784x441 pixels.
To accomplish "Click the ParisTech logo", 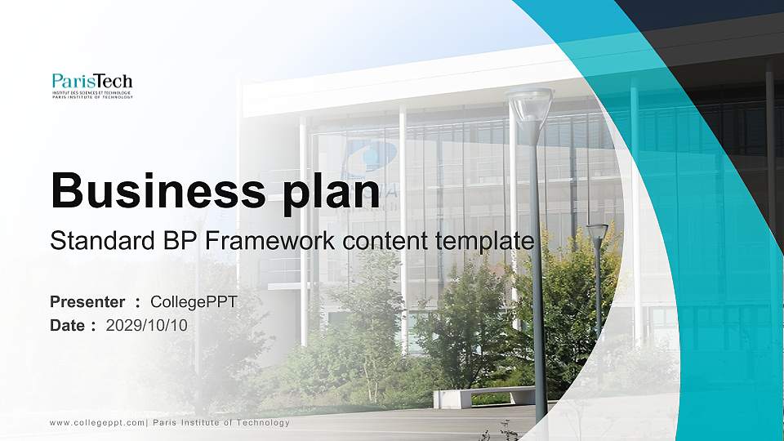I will pyautogui.click(x=91, y=85).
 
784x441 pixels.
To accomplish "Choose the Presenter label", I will pyautogui.click(x=87, y=302).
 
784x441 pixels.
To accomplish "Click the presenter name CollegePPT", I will pyautogui.click(x=194, y=302).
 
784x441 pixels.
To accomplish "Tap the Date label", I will pyautogui.click(x=68, y=325).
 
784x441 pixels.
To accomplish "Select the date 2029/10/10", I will pyautogui.click(x=147, y=325).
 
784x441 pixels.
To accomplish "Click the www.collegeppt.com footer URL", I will pyautogui.click(x=97, y=422).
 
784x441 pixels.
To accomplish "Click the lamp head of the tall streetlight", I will pyautogui.click(x=530, y=106).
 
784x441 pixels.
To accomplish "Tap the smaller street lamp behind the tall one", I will pyautogui.click(x=597, y=232).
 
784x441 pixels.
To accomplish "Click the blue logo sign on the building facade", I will pyautogui.click(x=369, y=155).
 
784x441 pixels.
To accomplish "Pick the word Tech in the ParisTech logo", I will pyautogui.click(x=115, y=81).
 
